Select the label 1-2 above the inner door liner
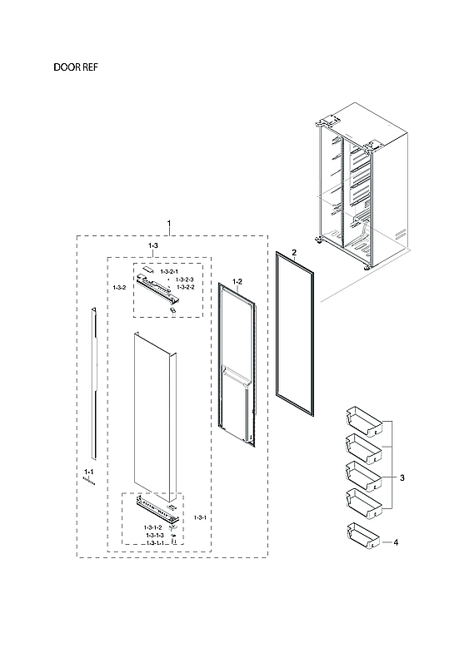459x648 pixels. click(237, 281)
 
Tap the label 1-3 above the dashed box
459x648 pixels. click(153, 247)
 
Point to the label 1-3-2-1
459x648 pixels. click(169, 272)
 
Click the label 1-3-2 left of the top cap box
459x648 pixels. click(119, 287)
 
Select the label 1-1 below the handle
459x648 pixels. click(88, 472)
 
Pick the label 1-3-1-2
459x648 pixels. click(152, 527)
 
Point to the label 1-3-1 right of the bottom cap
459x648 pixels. click(200, 517)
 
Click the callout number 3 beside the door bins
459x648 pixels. click(402, 479)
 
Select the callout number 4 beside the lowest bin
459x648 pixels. click(396, 542)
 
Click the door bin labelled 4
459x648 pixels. click(363, 536)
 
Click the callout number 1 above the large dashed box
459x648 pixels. click(170, 225)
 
